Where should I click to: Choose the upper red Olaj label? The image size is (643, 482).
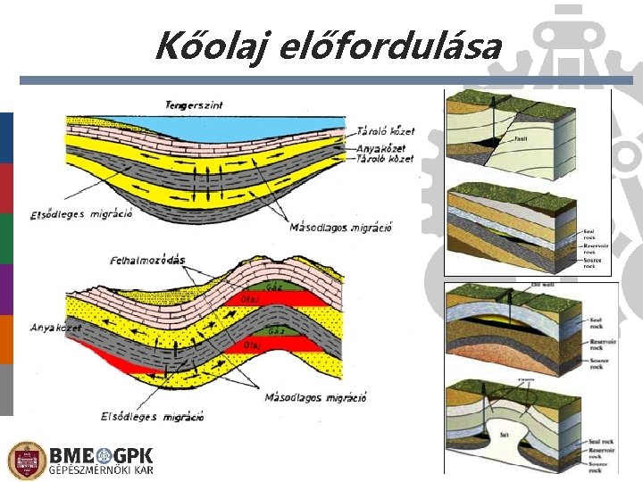pos(251,298)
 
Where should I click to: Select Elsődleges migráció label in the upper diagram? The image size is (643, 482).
pos(81,213)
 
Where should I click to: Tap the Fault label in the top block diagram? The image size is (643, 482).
pos(522,139)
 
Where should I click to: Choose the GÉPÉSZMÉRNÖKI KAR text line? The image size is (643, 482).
pos(101,470)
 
